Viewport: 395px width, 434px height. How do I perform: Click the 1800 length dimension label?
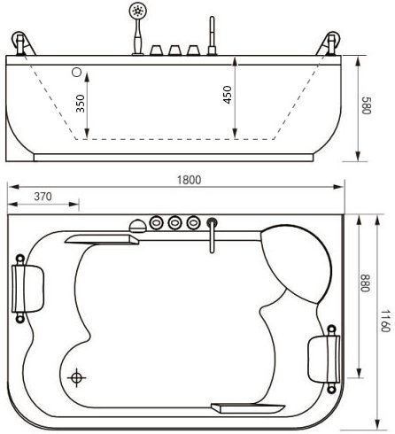[189, 180]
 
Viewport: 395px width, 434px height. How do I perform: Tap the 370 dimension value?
[43, 197]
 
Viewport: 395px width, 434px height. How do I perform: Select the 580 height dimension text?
[366, 105]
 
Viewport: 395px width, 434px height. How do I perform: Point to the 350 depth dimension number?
[81, 104]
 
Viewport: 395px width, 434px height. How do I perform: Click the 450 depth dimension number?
[228, 95]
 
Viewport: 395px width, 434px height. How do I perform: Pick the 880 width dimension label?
[366, 283]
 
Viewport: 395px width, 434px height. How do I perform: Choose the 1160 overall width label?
[384, 321]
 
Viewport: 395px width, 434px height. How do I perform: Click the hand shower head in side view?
[137, 11]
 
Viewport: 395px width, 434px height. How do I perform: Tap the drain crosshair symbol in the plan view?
[76, 377]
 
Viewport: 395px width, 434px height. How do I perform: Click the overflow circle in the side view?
[77, 72]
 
